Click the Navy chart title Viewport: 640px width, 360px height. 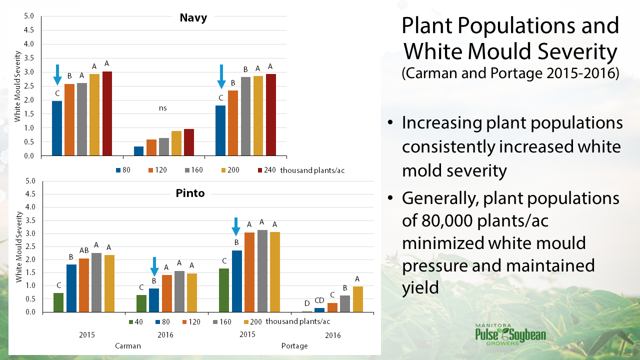click(x=193, y=18)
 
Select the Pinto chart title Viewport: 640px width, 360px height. click(x=190, y=193)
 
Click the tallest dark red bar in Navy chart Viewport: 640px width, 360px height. click(x=107, y=113)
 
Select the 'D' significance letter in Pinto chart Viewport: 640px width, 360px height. click(x=307, y=303)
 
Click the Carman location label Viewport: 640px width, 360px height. click(x=127, y=346)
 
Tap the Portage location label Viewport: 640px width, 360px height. click(x=294, y=346)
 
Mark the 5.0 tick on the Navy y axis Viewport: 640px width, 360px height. click(x=29, y=16)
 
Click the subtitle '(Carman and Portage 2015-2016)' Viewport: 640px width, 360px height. click(x=510, y=73)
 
